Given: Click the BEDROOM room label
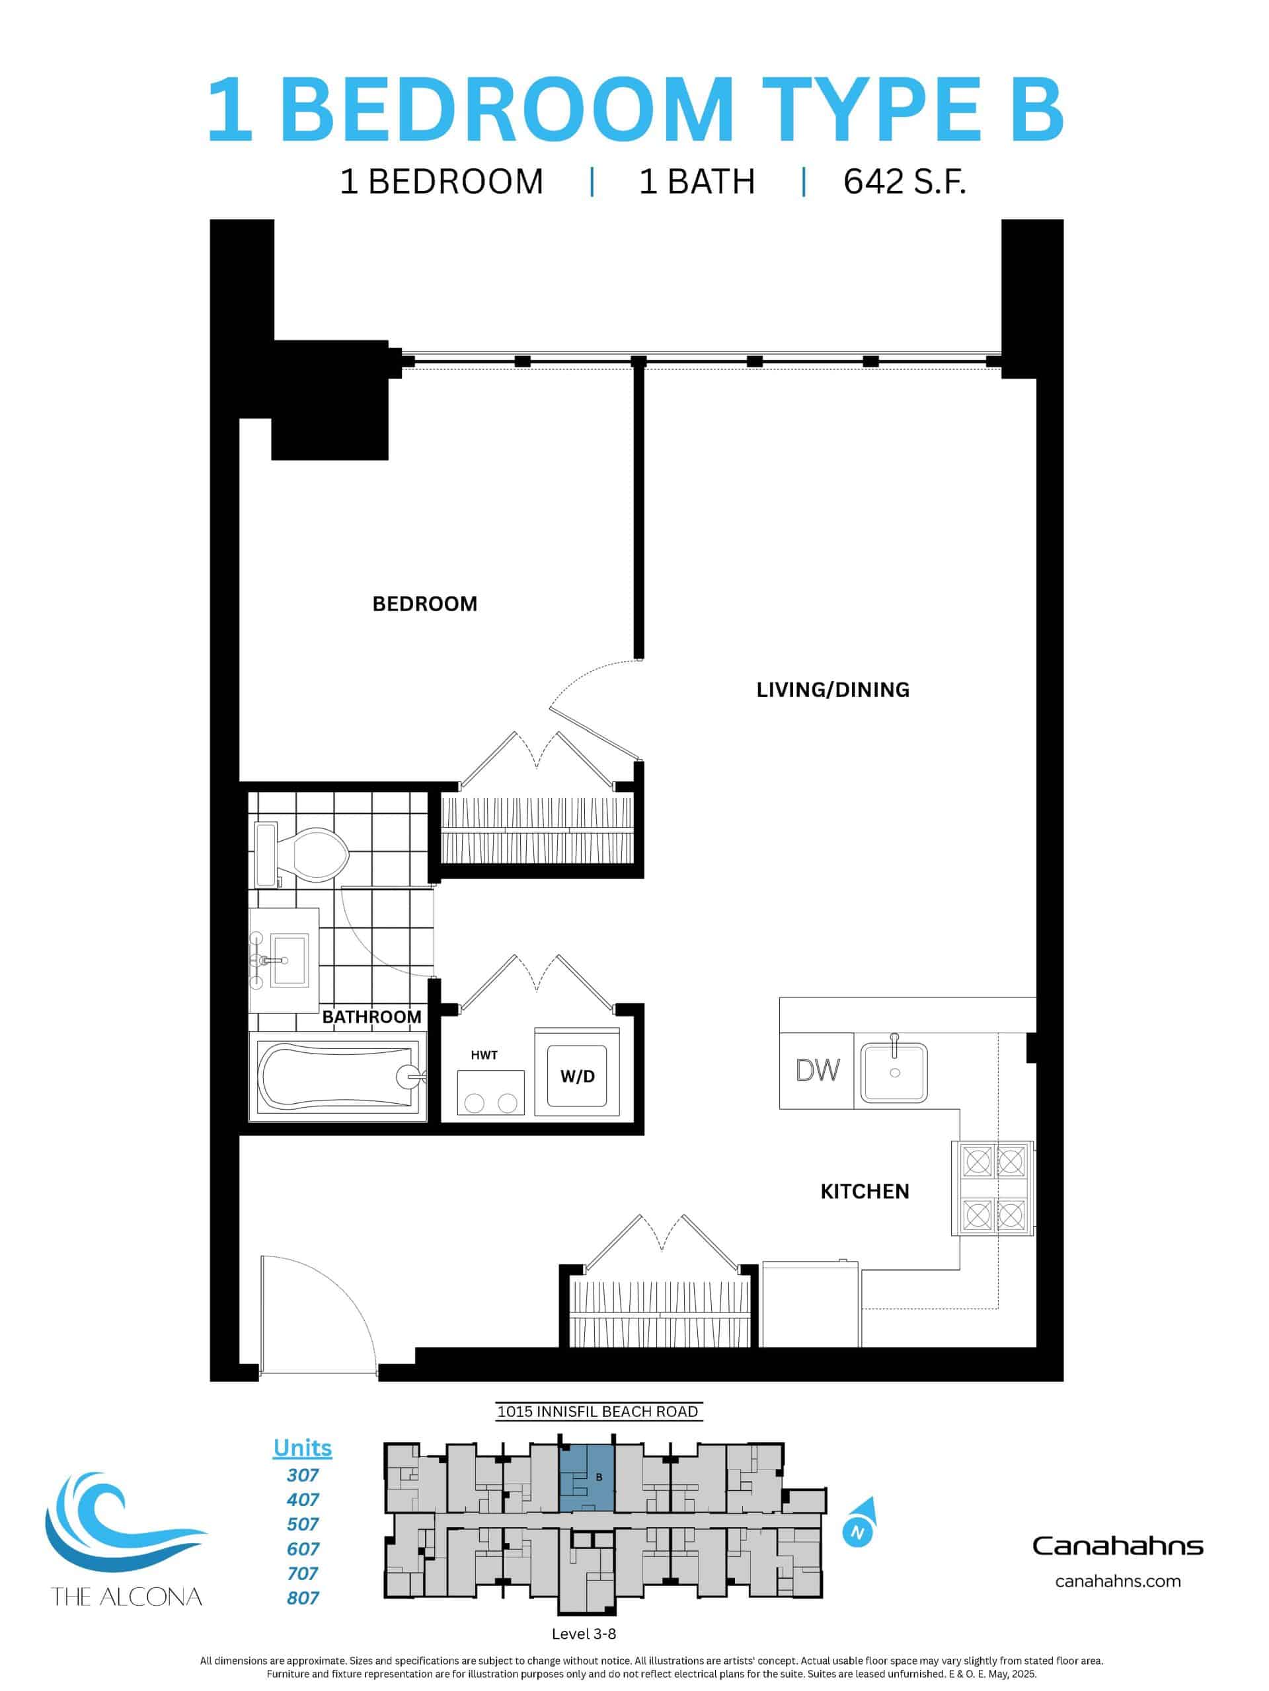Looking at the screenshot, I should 424,604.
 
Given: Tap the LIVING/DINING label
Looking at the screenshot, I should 832,690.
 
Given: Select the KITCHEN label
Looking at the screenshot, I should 865,1191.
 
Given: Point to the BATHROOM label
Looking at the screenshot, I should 371,1017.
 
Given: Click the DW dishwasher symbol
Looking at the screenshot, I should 817,1070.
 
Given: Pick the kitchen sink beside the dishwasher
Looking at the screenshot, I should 894,1072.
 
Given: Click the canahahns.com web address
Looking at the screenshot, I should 1117,1581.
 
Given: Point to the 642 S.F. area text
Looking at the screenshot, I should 904,182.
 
